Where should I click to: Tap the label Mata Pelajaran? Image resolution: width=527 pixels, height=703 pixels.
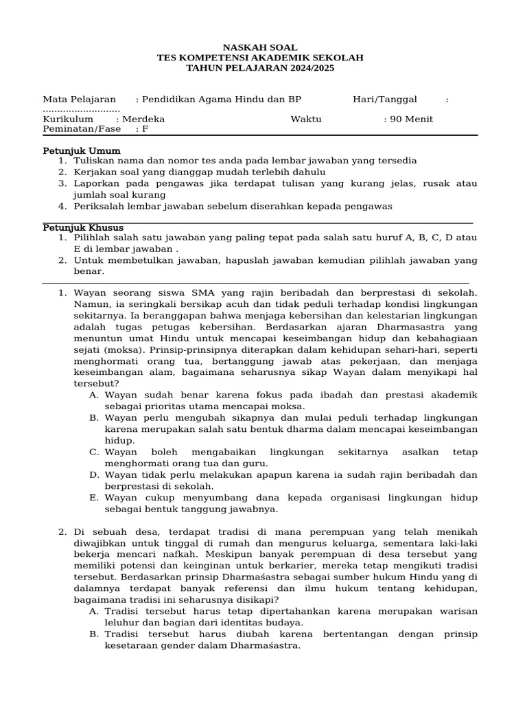[x=80, y=100]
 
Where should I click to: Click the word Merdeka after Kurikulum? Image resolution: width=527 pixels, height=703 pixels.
[x=144, y=119]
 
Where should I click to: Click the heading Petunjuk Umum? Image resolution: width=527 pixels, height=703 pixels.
[x=82, y=150]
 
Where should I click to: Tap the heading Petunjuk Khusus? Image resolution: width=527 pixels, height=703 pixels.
[x=83, y=227]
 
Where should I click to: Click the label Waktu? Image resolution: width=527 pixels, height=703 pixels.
[x=306, y=119]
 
